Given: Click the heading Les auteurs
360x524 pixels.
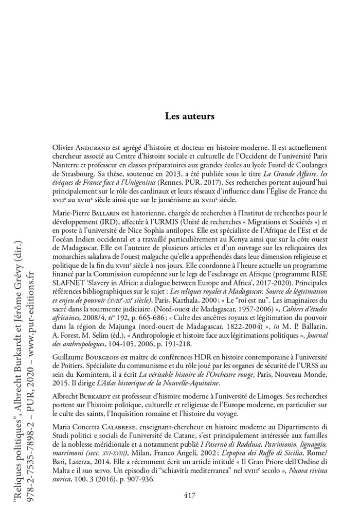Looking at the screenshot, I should [189, 116].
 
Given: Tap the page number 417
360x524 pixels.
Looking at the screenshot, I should [189, 496].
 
